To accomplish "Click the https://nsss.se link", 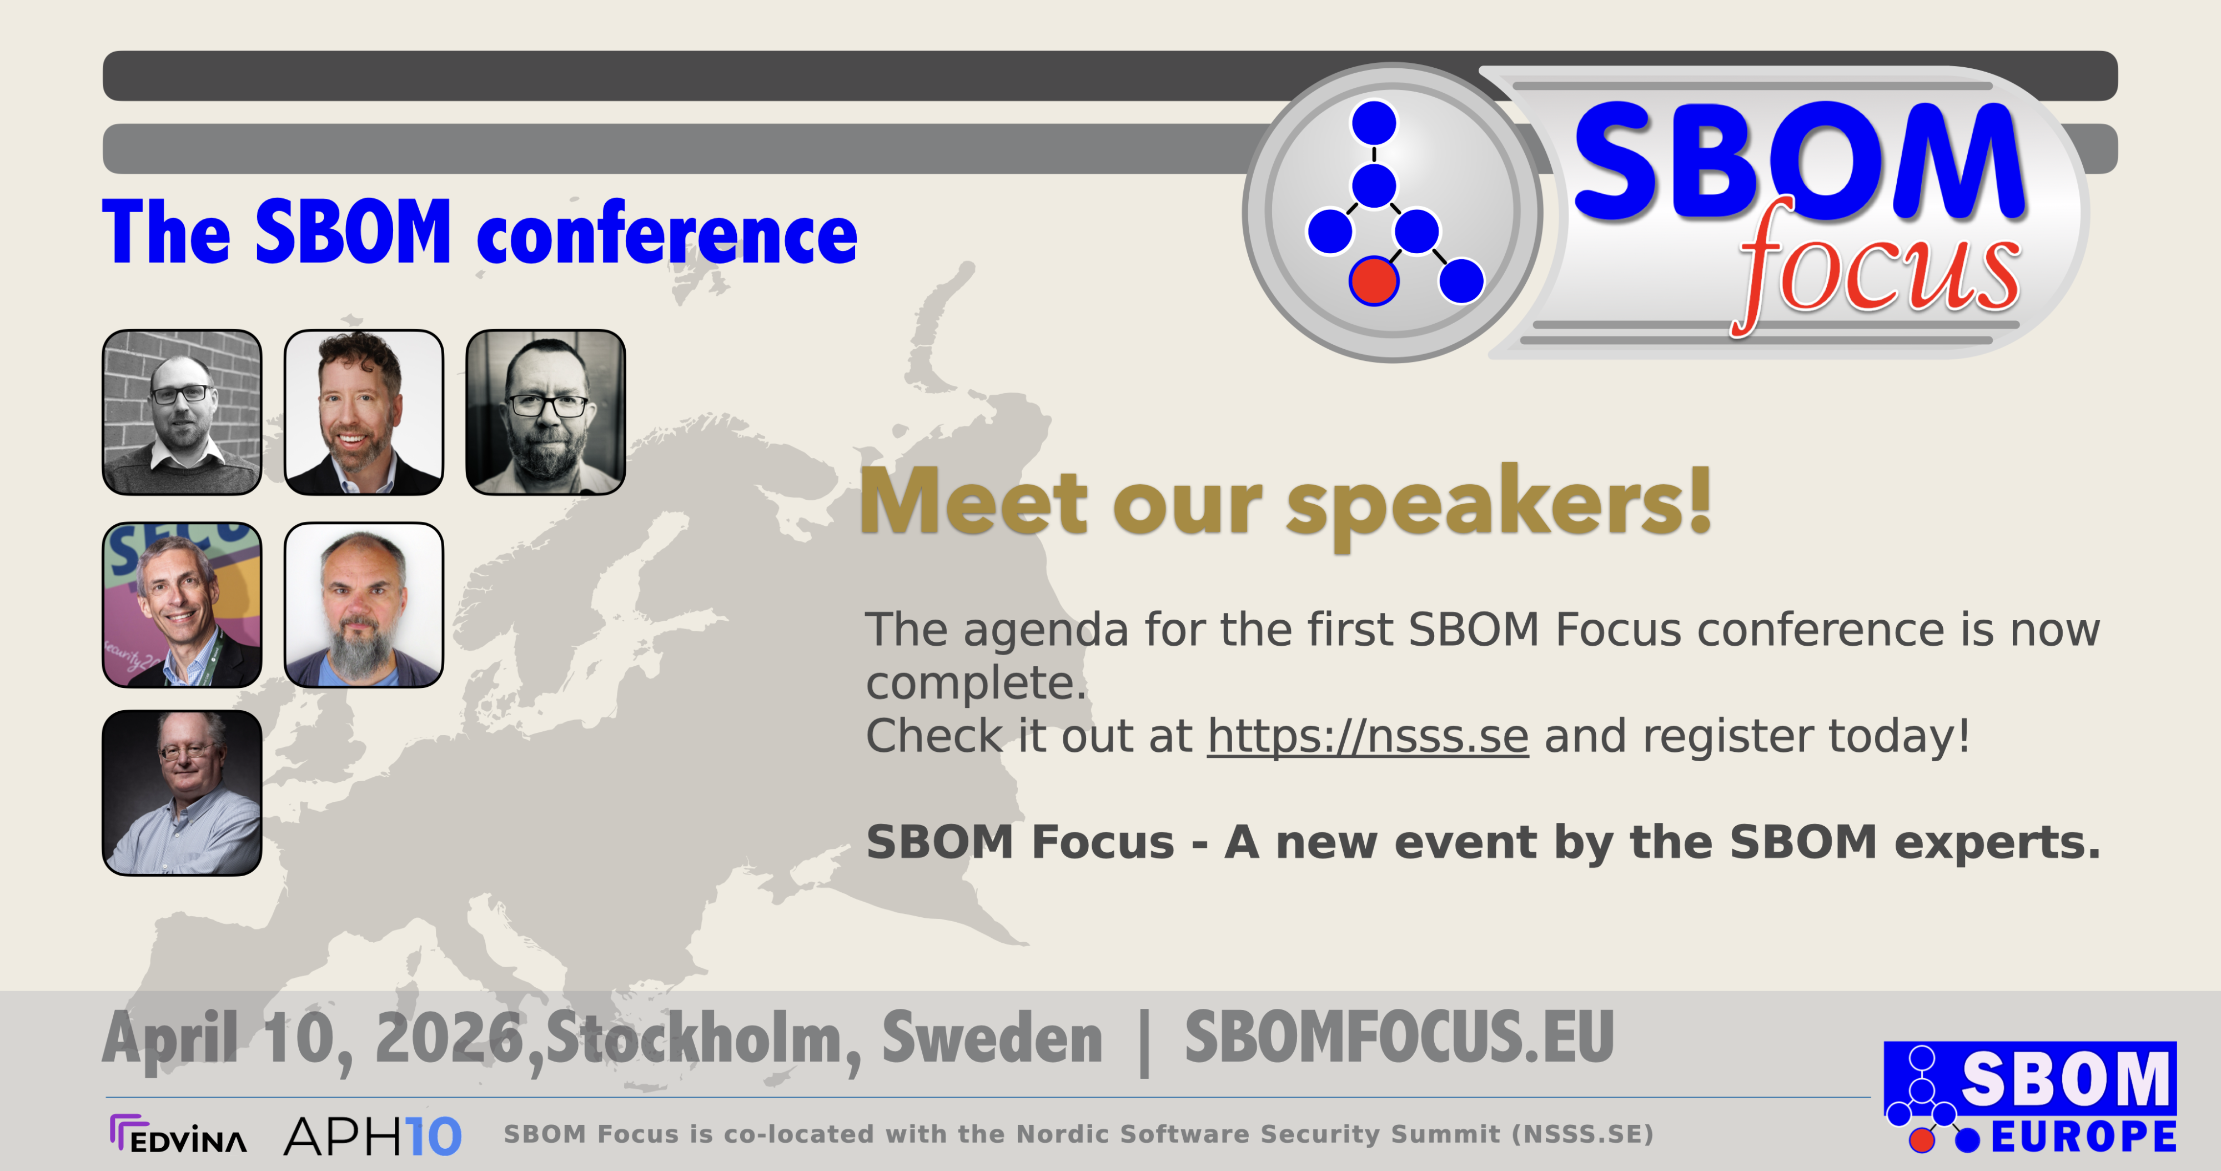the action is [1368, 736].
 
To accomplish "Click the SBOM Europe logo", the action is [2031, 1098].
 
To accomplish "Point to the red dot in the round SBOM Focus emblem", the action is [1374, 281].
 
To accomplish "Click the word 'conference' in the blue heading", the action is [666, 234].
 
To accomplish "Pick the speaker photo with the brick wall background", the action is [182, 412].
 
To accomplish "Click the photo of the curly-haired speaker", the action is [364, 412].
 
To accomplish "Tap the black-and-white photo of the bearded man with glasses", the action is [546, 412].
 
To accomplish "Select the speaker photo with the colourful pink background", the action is [182, 605].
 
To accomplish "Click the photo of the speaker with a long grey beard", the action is [364, 605].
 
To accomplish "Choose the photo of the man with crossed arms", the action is [182, 792].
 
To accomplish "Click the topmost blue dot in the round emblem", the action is [1374, 123].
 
